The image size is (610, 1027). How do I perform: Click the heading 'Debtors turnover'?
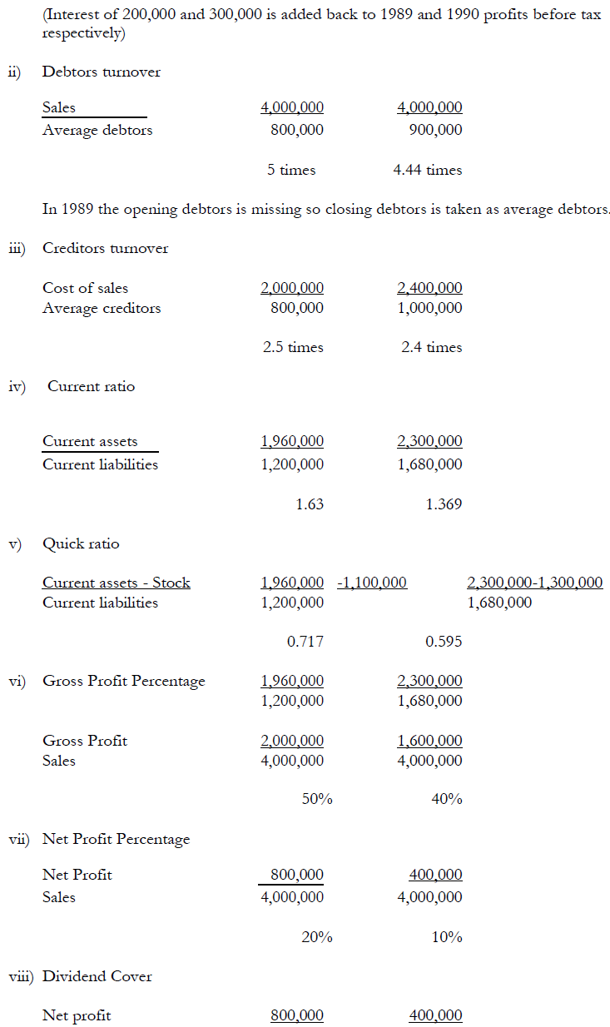pyautogui.click(x=102, y=72)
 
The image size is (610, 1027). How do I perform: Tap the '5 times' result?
pyautogui.click(x=291, y=170)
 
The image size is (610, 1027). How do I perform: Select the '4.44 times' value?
pyautogui.click(x=428, y=170)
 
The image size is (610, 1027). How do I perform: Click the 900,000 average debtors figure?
pyautogui.click(x=435, y=130)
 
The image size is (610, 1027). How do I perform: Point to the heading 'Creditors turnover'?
pyautogui.click(x=105, y=248)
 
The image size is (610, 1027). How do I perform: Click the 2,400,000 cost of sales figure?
pyautogui.click(x=429, y=288)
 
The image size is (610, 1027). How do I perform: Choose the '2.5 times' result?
pyautogui.click(x=293, y=347)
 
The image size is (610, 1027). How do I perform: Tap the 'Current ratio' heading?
pyautogui.click(x=91, y=386)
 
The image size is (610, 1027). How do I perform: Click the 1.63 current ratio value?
pyautogui.click(x=310, y=504)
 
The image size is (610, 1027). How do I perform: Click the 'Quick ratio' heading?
pyautogui.click(x=81, y=543)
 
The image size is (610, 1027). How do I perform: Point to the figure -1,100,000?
pyautogui.click(x=372, y=583)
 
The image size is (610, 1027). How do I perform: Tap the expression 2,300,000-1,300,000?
pyautogui.click(x=535, y=583)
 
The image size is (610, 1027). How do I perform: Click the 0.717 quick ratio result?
pyautogui.click(x=305, y=642)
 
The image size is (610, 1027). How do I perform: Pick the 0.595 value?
pyautogui.click(x=444, y=642)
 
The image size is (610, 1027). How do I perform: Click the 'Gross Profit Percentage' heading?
pyautogui.click(x=124, y=681)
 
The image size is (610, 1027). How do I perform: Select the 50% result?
pyautogui.click(x=317, y=799)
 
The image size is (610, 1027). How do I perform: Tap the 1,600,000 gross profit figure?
pyautogui.click(x=429, y=741)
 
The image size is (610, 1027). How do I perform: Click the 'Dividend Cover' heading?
pyautogui.click(x=97, y=976)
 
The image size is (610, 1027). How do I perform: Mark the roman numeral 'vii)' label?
pyautogui.click(x=21, y=839)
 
